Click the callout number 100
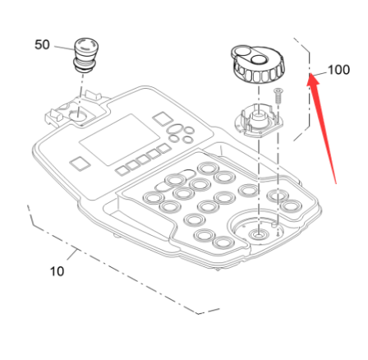tap(338, 70)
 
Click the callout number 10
tap(57, 270)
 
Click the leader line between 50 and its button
tap(65, 48)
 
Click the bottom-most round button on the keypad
tap(223, 243)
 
